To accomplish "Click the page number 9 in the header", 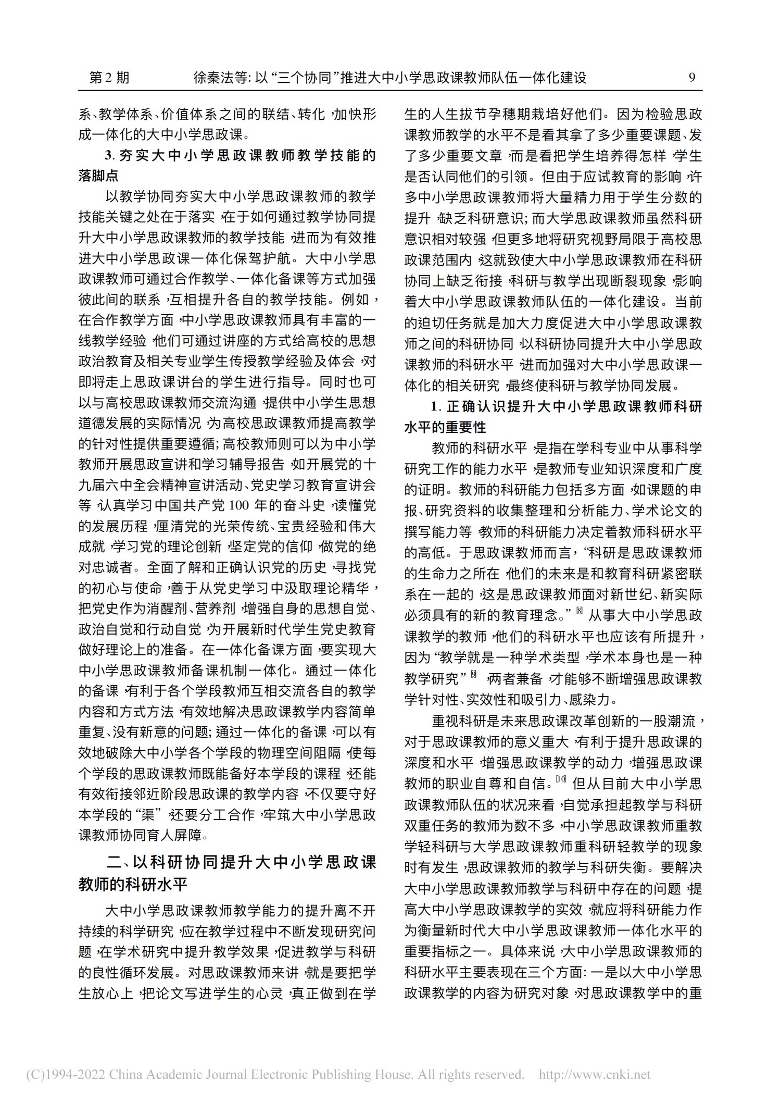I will click(x=692, y=78).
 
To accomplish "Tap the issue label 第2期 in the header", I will click(x=109, y=78).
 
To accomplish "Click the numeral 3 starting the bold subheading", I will click(x=108, y=156).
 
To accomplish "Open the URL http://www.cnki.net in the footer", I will click(x=595, y=1074).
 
